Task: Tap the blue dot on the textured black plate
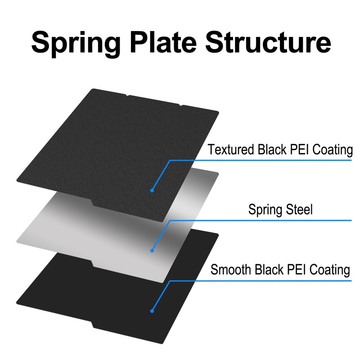tap(152, 190)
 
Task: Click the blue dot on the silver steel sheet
tap(152, 250)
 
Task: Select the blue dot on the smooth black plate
tap(152, 310)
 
